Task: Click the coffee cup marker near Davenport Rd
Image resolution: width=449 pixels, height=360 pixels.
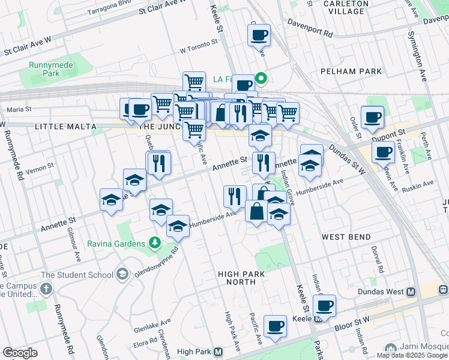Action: (x=259, y=35)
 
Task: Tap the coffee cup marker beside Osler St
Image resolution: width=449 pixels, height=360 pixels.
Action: (x=372, y=116)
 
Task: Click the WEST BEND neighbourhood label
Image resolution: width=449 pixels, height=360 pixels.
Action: (x=346, y=237)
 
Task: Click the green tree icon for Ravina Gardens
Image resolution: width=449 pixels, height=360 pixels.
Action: (x=155, y=243)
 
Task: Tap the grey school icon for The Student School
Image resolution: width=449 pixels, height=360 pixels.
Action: (x=123, y=275)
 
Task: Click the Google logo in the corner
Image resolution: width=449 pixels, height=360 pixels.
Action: (x=20, y=353)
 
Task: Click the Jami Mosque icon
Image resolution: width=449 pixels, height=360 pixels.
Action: (x=391, y=349)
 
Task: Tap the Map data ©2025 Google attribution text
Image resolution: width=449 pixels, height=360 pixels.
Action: (x=412, y=355)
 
